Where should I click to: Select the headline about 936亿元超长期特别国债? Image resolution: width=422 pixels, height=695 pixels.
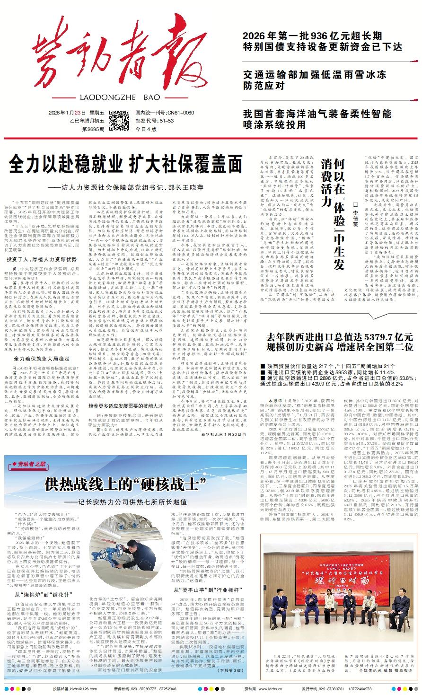point(322,42)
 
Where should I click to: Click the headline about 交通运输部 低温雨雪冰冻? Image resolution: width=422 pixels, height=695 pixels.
point(315,80)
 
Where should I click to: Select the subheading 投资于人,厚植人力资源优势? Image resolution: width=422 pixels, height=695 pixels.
point(42,259)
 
